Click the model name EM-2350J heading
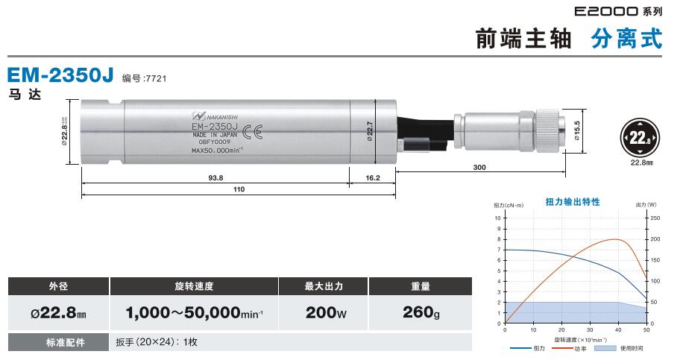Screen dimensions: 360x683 [x=60, y=76]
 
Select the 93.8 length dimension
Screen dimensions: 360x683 [x=216, y=177]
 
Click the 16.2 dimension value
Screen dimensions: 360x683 [x=373, y=177]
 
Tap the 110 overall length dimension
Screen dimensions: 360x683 [x=239, y=189]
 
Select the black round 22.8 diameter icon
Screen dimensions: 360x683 [x=638, y=139]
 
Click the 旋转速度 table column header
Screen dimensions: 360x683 [x=193, y=286]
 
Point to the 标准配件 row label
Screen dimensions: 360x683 [x=58, y=342]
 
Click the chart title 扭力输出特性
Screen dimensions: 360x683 [x=572, y=201]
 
